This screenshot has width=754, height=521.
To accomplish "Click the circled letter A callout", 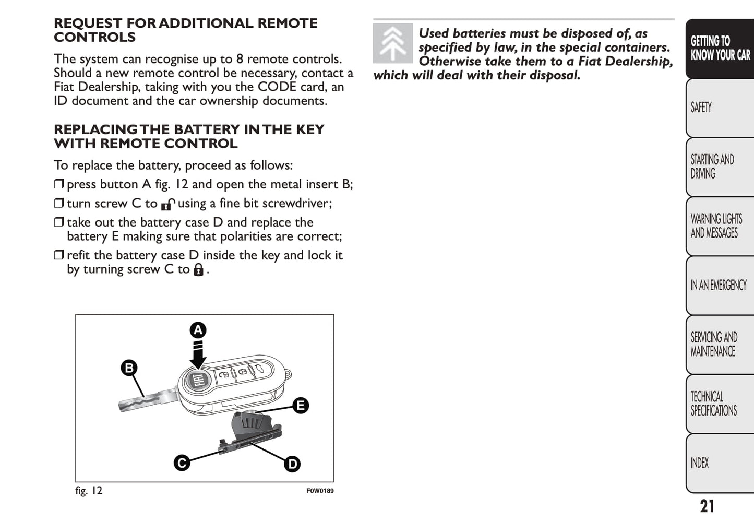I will [x=198, y=330].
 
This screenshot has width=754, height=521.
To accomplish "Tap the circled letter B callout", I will [x=128, y=368].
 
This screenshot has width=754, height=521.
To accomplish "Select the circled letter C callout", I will [x=182, y=463].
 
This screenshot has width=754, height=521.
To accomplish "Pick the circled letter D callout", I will [x=292, y=464].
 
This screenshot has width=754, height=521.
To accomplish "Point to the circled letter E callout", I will [x=301, y=405].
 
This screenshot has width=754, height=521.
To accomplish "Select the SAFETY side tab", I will [x=719, y=108].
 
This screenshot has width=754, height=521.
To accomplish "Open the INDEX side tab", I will [x=719, y=463].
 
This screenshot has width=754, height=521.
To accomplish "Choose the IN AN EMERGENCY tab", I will [x=719, y=285].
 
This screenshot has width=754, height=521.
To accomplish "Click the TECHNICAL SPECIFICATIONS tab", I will [x=719, y=404].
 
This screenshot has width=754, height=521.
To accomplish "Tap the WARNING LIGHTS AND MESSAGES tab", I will [x=719, y=226].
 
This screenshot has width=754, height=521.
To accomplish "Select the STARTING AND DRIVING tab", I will [x=719, y=167].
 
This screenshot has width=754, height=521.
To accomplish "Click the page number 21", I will [x=707, y=506].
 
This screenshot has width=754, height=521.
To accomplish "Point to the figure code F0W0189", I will [x=320, y=491].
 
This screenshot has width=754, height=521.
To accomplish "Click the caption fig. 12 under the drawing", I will [x=89, y=491].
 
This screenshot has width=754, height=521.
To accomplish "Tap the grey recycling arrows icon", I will [x=392, y=43].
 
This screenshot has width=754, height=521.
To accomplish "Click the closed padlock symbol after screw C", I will [x=198, y=270].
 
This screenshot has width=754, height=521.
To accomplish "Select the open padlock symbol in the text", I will [x=167, y=204].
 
